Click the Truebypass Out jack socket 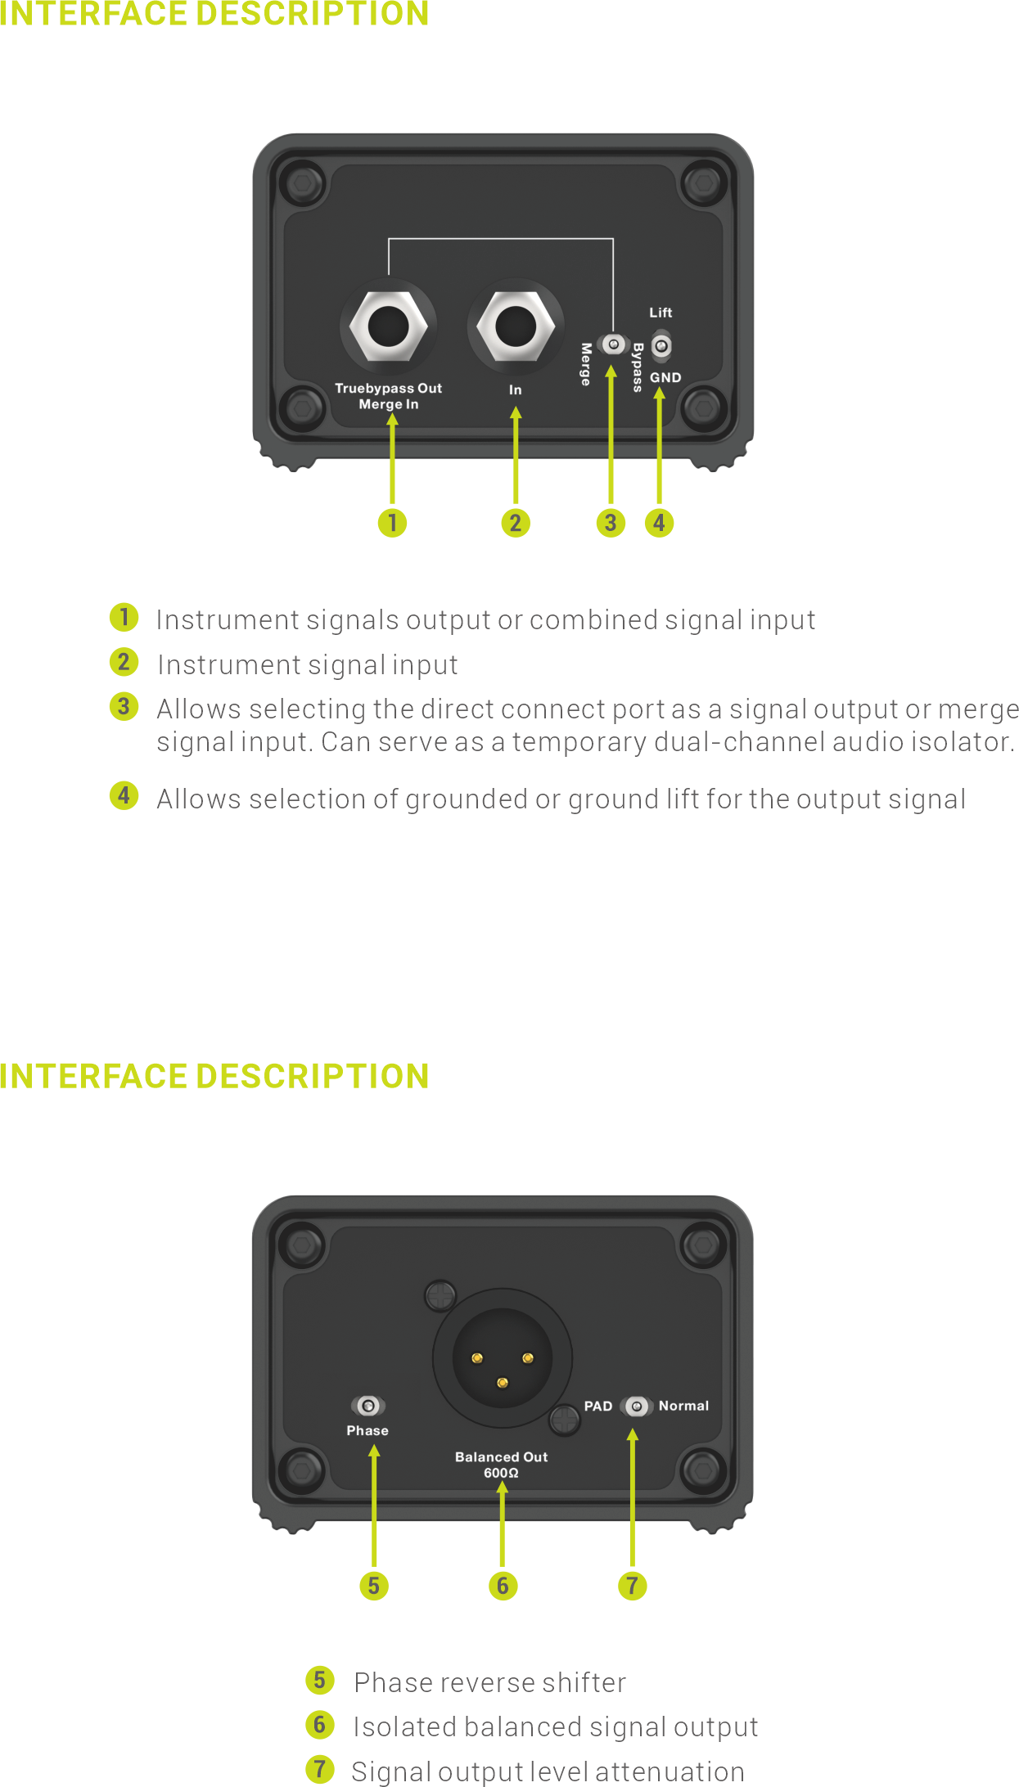[388, 326]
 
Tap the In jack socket [516, 326]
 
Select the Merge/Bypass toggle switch [612, 344]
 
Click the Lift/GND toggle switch [661, 346]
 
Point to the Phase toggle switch [368, 1406]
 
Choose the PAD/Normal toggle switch [637, 1406]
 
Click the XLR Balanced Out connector [503, 1359]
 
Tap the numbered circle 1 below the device [392, 523]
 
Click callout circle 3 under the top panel [611, 523]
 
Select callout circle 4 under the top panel [660, 523]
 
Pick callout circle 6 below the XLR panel [503, 1586]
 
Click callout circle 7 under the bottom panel [632, 1586]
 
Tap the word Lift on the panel [661, 313]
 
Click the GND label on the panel [665, 377]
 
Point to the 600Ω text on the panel [501, 1473]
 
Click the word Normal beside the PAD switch [684, 1406]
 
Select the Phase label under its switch [367, 1430]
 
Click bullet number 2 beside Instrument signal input [124, 662]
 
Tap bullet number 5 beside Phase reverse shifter [320, 1681]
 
